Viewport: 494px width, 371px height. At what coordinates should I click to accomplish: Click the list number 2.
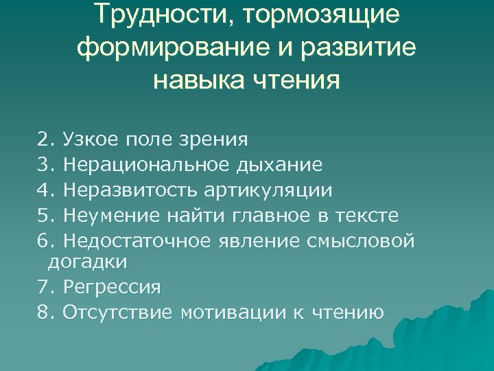45,140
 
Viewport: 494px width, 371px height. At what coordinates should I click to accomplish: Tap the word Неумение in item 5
110,215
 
